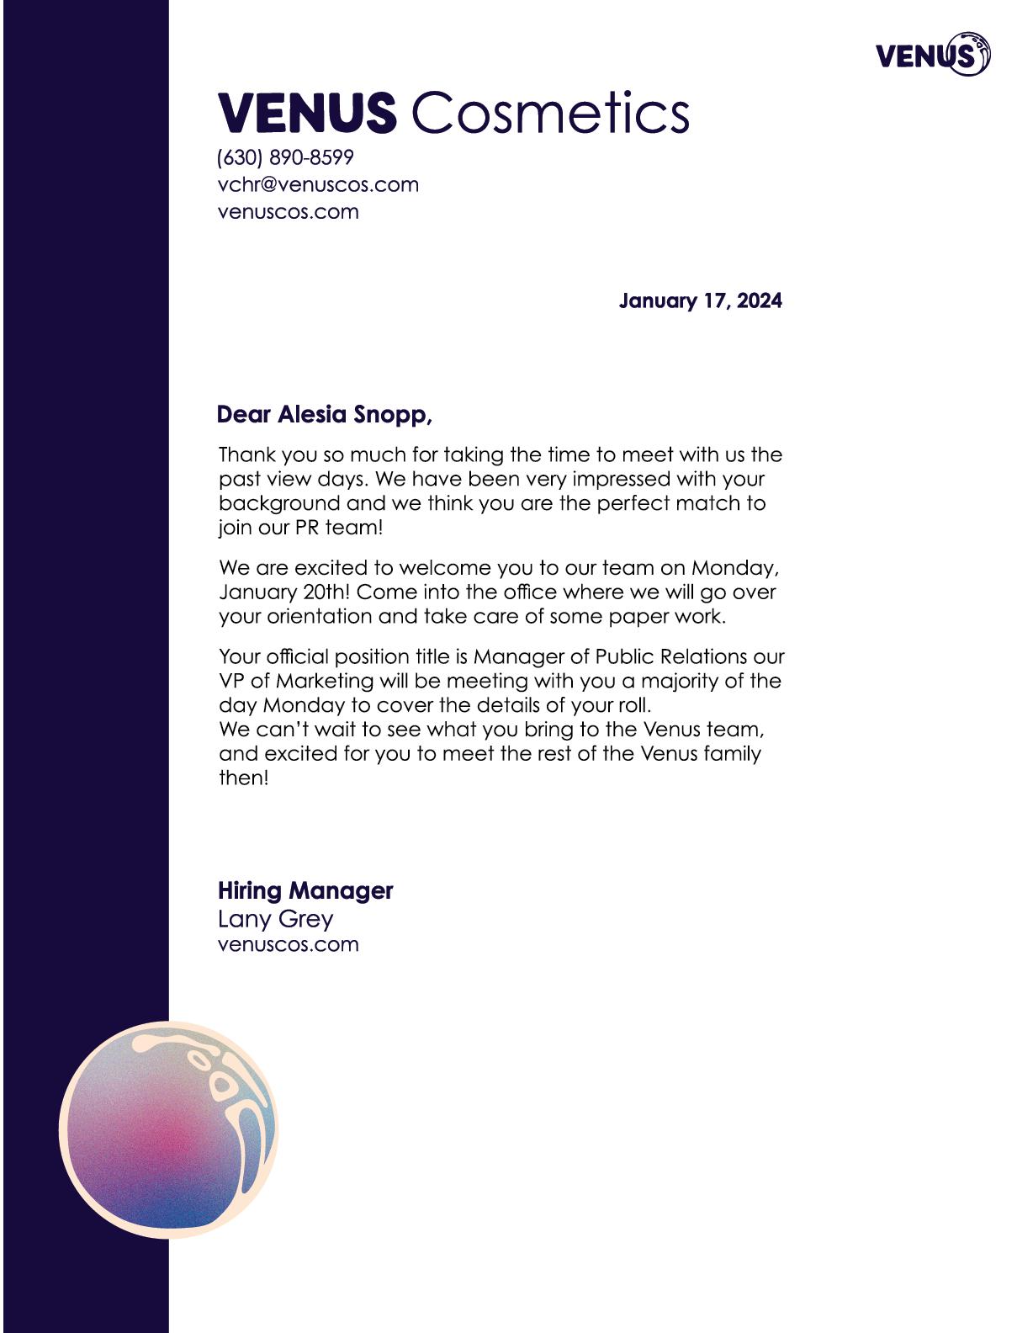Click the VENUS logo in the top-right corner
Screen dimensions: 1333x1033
[932, 55]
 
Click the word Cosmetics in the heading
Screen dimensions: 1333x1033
[551, 113]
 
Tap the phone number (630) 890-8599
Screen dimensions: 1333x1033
[285, 157]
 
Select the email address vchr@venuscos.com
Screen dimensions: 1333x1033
[318, 184]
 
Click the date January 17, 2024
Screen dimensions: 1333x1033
[700, 301]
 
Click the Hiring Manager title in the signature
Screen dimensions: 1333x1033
[305, 890]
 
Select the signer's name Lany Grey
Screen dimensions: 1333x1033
[275, 918]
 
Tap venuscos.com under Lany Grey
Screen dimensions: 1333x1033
[288, 944]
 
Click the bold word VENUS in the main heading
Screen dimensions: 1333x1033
[307, 113]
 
